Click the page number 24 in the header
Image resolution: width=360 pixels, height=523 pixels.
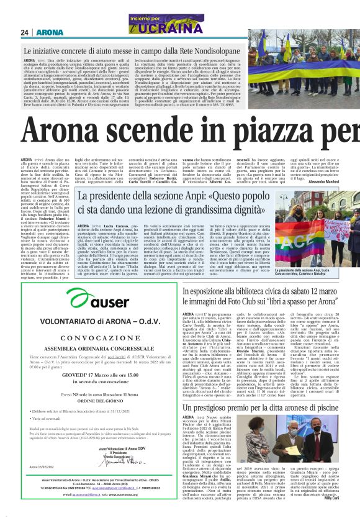[x=25, y=32]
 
